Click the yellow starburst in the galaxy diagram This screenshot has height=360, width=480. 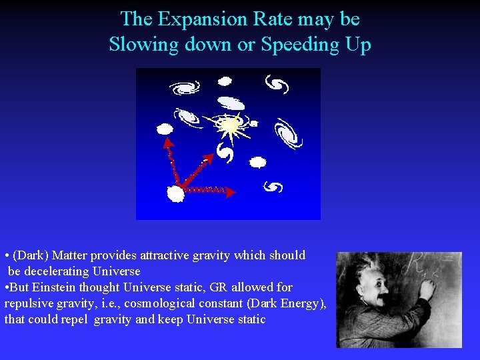229,125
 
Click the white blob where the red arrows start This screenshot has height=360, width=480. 175,194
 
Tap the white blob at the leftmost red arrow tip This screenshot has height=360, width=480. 164,129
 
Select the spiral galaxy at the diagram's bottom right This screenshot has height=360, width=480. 273,187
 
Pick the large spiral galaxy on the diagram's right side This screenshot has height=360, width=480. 289,132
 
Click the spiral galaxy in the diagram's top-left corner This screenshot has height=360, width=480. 184,87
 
